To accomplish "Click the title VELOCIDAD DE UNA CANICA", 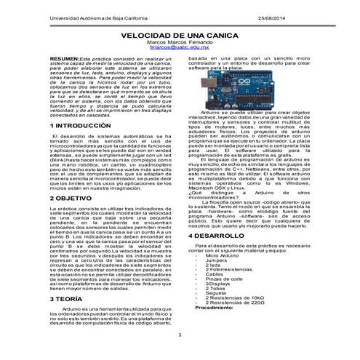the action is pyautogui.click(x=179, y=35).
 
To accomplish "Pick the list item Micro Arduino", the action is pyautogui.click(x=223, y=255).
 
